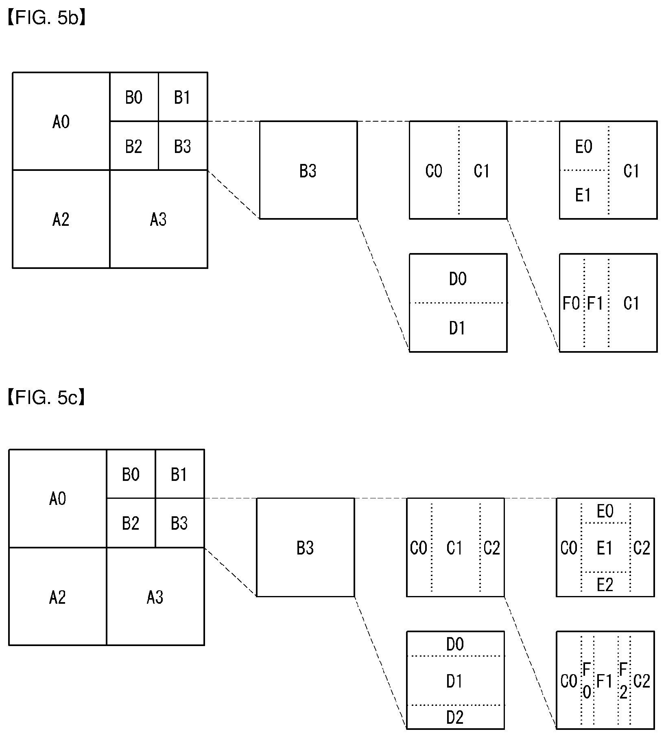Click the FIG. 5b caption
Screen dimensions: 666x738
(46, 19)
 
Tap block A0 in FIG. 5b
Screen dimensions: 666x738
(61, 121)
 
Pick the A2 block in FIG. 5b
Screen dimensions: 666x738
(61, 219)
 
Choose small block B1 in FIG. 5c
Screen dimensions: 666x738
(179, 474)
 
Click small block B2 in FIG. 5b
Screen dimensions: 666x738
(134, 146)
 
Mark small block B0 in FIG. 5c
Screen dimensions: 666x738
(131, 474)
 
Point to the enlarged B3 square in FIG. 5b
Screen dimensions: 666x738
(308, 170)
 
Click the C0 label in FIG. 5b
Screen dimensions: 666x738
(434, 171)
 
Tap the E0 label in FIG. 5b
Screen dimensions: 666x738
(584, 146)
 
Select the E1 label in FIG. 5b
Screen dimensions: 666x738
(583, 195)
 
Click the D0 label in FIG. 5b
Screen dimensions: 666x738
(458, 279)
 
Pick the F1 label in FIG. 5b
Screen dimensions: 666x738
(595, 303)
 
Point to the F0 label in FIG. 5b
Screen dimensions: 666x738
(572, 303)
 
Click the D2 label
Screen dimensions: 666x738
(455, 718)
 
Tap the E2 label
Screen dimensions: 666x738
(605, 585)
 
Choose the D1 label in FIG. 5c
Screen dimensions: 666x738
(454, 681)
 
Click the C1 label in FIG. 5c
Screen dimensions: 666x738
(454, 548)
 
